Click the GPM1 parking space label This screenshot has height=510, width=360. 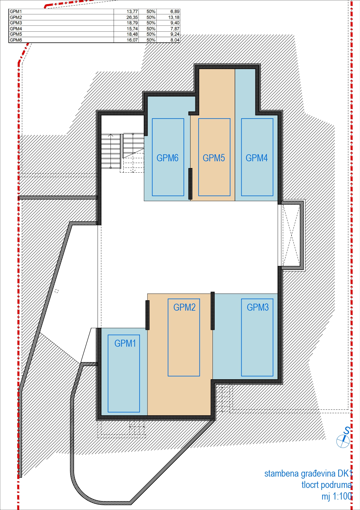125,343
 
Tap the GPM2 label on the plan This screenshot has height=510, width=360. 184,307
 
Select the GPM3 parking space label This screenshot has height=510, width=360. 258,307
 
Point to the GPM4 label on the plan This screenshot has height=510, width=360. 257,158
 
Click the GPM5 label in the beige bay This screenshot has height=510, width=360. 214,158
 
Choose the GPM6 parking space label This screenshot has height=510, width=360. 168,158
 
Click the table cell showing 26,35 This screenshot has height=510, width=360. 132,17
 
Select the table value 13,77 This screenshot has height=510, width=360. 132,12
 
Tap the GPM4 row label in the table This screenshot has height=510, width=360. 16,29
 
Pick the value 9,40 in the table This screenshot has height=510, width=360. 175,23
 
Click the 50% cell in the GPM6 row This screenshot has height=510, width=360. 151,40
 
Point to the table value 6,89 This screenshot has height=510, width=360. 175,12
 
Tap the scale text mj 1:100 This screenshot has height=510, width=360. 337,496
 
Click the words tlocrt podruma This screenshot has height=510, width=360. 327,485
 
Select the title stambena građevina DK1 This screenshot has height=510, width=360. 308,473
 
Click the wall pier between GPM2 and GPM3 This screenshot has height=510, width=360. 213,311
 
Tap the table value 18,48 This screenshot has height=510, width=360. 132,34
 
